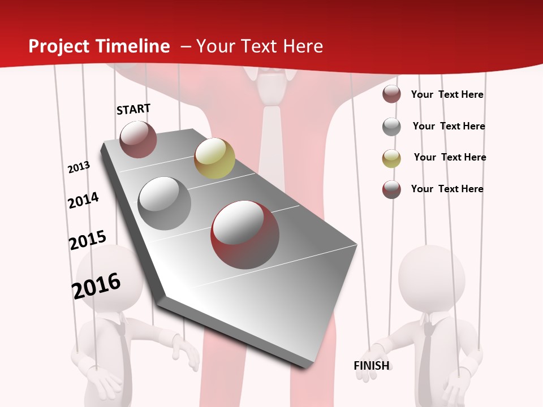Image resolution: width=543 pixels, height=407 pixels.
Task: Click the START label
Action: pyautogui.click(x=133, y=109)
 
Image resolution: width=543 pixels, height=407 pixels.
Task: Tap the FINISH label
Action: pyautogui.click(x=372, y=366)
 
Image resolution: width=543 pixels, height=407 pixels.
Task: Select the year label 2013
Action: pyautogui.click(x=79, y=167)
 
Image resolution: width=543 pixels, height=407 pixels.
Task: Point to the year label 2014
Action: pyautogui.click(x=84, y=200)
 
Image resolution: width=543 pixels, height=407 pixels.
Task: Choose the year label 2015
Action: pyautogui.click(x=88, y=240)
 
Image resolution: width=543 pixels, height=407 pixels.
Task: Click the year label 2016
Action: pyautogui.click(x=96, y=285)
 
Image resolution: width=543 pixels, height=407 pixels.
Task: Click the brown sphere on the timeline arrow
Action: pyautogui.click(x=138, y=140)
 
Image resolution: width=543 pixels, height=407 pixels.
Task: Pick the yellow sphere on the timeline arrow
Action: pyautogui.click(x=214, y=158)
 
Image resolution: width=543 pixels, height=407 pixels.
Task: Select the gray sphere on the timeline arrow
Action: pyautogui.click(x=165, y=203)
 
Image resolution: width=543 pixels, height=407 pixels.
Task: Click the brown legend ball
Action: pyautogui.click(x=391, y=94)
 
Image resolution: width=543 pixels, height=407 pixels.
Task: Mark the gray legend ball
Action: pyautogui.click(x=391, y=127)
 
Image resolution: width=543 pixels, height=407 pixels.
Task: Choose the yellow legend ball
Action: pyautogui.click(x=391, y=158)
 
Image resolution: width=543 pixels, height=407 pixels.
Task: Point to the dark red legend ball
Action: pyautogui.click(x=391, y=189)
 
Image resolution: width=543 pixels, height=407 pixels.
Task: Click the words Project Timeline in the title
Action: pyautogui.click(x=99, y=46)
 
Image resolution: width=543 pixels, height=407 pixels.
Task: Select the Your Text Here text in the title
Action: pyautogui.click(x=260, y=46)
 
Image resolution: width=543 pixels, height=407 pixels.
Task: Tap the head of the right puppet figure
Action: pyautogui.click(x=432, y=278)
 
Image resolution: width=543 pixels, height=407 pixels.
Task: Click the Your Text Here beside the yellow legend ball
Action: pyautogui.click(x=450, y=157)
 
